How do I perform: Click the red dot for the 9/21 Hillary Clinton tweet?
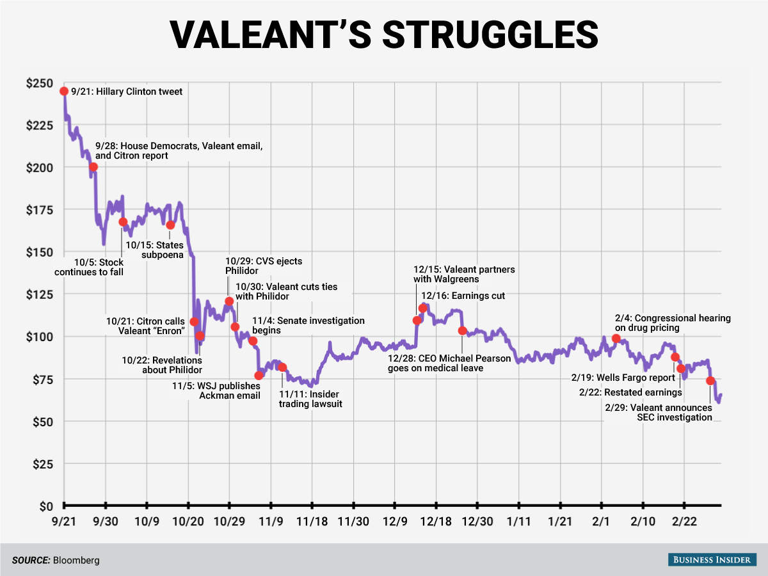tap(64, 92)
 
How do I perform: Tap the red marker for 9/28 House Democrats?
tap(93, 167)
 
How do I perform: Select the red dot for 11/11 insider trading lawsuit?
tap(282, 367)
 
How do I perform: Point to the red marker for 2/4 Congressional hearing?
tap(616, 339)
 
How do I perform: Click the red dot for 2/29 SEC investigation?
tap(710, 381)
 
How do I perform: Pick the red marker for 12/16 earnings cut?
tap(422, 308)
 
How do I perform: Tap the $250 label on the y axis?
tap(40, 83)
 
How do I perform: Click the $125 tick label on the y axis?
tap(40, 294)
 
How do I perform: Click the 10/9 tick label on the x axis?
tap(147, 522)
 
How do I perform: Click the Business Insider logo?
tap(710, 559)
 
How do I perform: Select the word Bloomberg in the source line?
tap(77, 560)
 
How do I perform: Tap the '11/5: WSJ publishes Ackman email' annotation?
tap(217, 391)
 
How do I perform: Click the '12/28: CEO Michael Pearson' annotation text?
tap(449, 364)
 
